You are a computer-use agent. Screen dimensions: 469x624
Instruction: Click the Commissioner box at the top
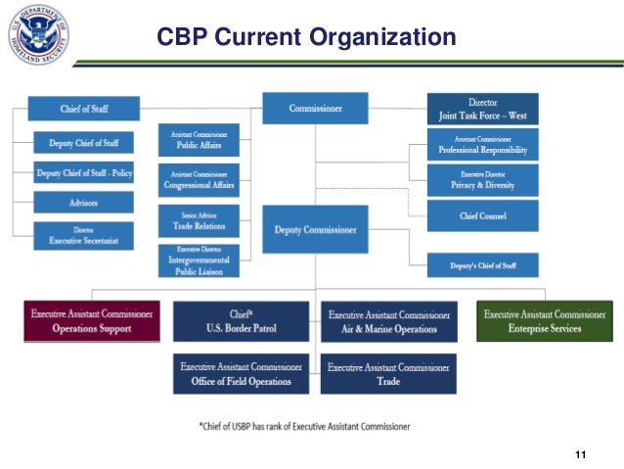[x=314, y=108]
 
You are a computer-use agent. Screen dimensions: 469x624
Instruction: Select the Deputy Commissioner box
[x=314, y=231]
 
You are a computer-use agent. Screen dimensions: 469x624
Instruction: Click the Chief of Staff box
[x=83, y=108]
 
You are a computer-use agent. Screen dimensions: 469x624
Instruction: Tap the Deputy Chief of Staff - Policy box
[x=83, y=172]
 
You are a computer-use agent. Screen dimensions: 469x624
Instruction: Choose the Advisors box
[x=83, y=202]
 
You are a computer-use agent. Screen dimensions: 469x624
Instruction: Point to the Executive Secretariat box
[x=83, y=235]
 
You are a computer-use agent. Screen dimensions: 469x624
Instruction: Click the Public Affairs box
[x=199, y=139]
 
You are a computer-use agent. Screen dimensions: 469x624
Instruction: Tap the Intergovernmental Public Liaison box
[x=199, y=259]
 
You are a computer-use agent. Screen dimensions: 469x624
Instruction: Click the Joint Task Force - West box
[x=482, y=108]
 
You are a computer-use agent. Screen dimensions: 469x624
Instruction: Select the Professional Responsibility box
[x=482, y=146]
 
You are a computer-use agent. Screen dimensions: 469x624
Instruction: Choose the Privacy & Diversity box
[x=482, y=179]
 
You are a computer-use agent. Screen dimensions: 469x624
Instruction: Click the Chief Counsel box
[x=482, y=214]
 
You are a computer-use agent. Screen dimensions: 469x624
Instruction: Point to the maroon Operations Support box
[x=92, y=321]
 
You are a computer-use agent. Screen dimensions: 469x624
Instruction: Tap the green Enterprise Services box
[x=545, y=321]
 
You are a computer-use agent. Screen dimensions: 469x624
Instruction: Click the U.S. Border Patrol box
[x=242, y=321]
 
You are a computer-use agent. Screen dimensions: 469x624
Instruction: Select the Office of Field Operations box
[x=242, y=374]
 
